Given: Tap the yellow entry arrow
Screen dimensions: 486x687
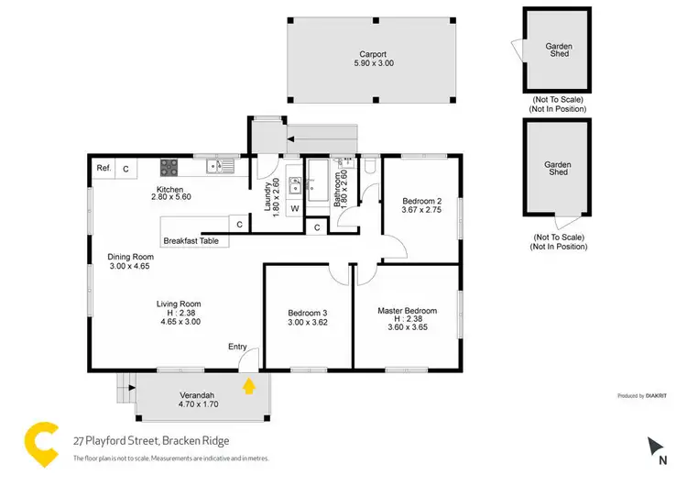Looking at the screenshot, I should pos(247,386).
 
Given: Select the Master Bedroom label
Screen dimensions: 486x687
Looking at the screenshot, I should pos(408,311).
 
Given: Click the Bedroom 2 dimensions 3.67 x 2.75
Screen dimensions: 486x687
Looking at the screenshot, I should pos(421,210).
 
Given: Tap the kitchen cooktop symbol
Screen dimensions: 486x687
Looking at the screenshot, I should pos(169,167).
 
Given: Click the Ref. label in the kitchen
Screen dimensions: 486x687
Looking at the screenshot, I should pos(104,168).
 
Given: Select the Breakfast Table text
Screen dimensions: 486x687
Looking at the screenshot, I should pos(191,241).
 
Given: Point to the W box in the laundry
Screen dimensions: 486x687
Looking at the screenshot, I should pos(295,209).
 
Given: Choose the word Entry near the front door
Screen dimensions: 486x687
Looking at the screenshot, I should pos(237,346).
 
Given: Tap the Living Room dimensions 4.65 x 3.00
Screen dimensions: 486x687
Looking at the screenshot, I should pos(180,322).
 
